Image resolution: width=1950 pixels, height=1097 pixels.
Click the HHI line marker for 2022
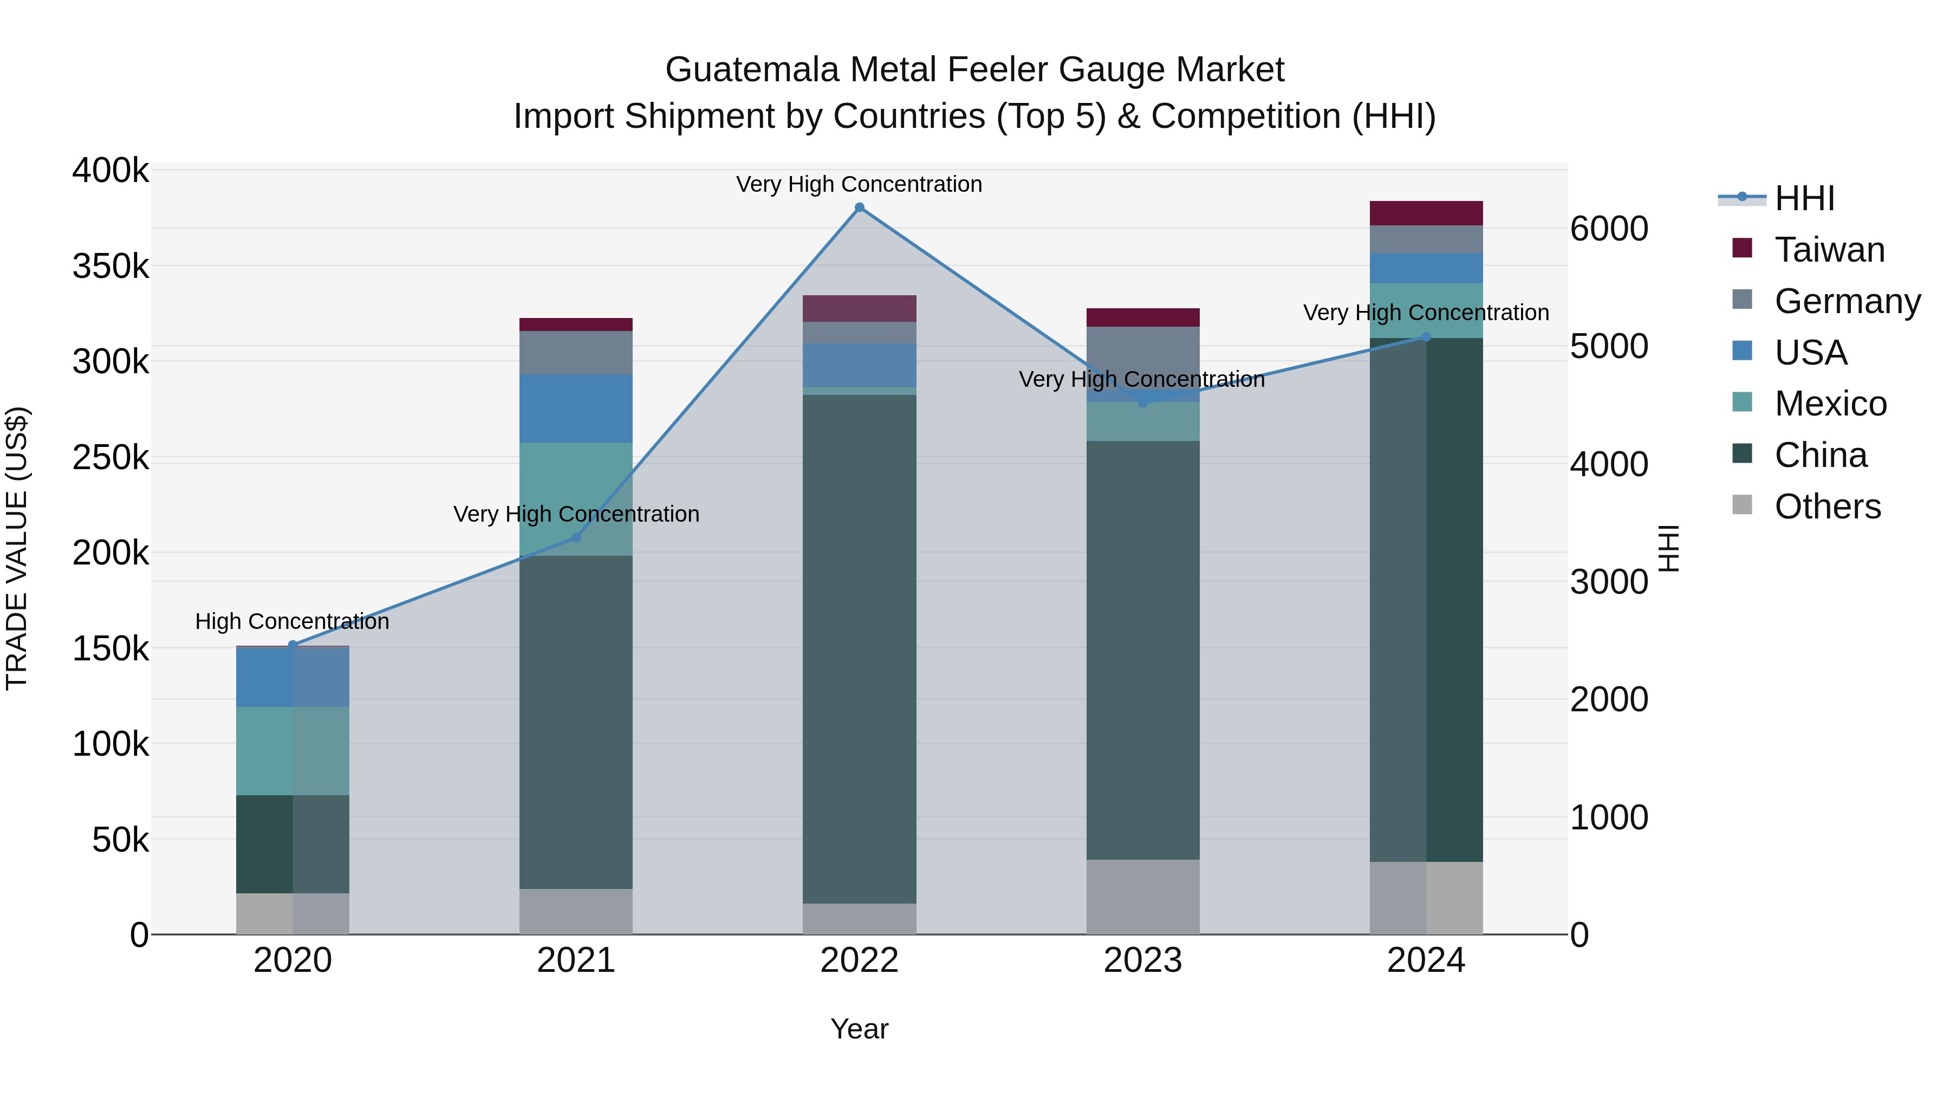859,207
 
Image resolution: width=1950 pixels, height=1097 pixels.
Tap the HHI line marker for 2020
293,645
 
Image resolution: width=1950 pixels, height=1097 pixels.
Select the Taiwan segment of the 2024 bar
1426,213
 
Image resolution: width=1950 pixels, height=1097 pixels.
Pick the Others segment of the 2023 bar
1143,897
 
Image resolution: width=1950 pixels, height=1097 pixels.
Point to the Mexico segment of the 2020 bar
293,750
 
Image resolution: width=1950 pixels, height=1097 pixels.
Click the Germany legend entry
1847,301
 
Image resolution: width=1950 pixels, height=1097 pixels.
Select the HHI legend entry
1804,198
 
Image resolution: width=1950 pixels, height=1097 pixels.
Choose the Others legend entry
1826,507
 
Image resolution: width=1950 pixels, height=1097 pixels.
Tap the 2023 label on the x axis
1143,960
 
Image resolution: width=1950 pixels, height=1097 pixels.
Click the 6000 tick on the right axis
1609,229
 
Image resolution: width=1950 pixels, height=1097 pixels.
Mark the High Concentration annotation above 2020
292,621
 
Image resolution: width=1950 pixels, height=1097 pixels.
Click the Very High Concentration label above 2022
859,184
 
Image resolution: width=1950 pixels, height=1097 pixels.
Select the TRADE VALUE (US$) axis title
17,548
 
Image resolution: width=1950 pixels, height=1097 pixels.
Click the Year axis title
859,1029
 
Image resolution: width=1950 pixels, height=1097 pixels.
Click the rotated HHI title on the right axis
1668,548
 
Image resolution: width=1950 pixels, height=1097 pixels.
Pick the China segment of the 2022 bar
859,649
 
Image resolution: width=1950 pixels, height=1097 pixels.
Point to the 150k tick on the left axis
110,649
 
